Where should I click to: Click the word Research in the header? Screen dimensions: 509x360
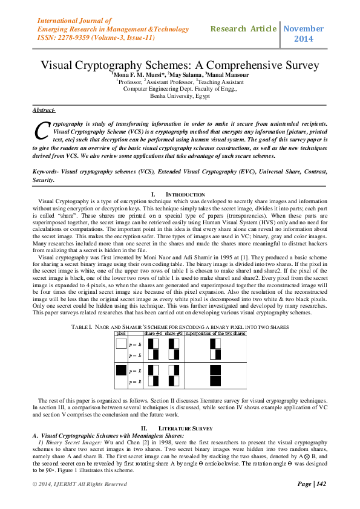(x=228, y=29)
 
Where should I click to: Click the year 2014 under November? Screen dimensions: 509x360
(x=303, y=39)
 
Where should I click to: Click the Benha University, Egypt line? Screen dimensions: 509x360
(x=180, y=96)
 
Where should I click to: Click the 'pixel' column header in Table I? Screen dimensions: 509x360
(x=120, y=333)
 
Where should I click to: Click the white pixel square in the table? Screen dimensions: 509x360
(x=121, y=343)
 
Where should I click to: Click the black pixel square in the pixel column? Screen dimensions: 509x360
(x=121, y=371)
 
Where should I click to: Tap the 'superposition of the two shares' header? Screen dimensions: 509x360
(x=219, y=333)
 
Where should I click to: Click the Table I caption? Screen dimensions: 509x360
(x=180, y=326)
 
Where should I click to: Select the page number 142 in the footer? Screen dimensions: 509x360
(x=320, y=484)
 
